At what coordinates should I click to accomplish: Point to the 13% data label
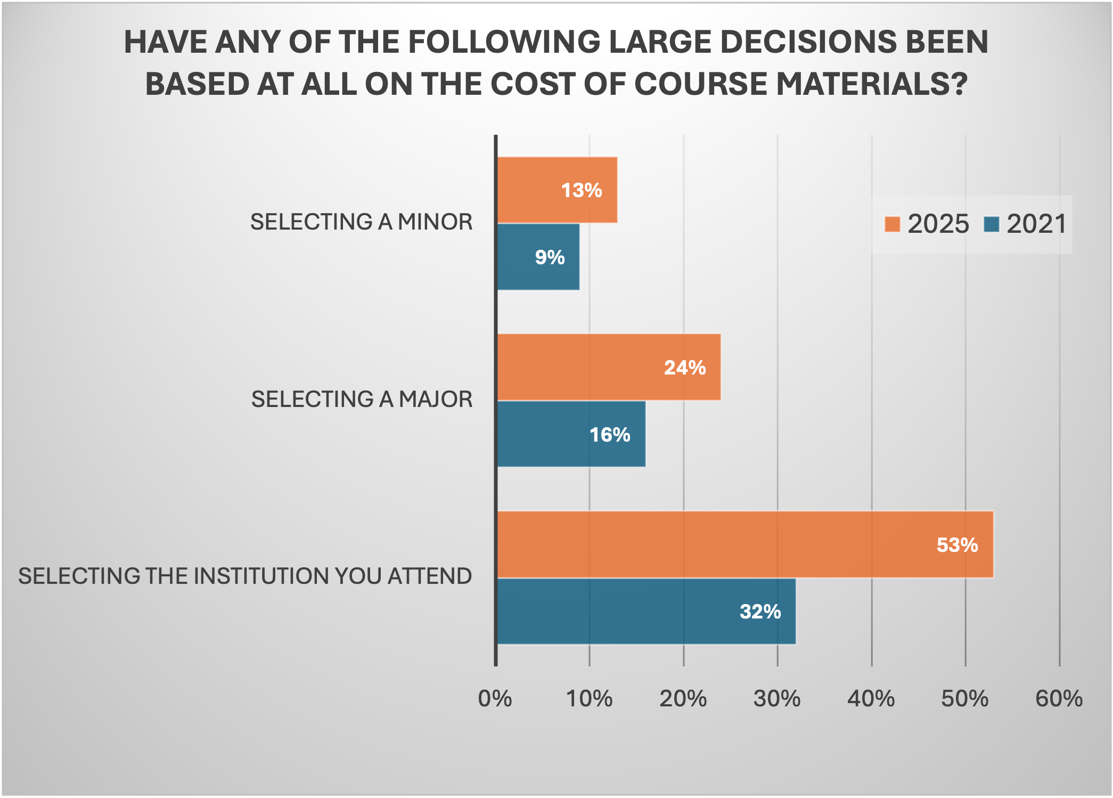pos(582,190)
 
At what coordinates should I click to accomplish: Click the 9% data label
pos(550,257)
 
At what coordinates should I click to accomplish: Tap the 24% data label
pos(684,368)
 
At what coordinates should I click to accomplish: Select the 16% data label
pos(610,435)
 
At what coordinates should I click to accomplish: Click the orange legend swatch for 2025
pos(892,224)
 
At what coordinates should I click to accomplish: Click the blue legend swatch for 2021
pos(992,224)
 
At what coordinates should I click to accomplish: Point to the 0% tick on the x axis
pos(495,699)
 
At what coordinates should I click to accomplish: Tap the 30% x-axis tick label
pos(777,699)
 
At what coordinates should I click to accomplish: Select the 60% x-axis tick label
pos(1059,699)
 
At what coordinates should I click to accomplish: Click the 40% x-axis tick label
pos(871,699)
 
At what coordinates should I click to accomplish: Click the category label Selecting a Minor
pos(361,222)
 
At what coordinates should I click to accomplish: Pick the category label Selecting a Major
pos(362,400)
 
